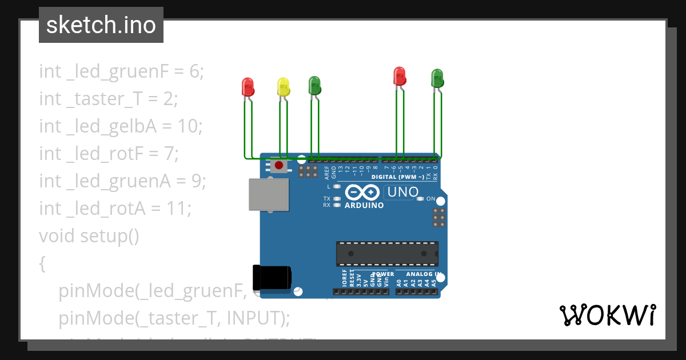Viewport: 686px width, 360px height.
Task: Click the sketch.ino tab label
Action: [101, 25]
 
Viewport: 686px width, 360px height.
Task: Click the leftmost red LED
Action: [248, 87]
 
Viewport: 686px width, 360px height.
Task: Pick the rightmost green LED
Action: [437, 78]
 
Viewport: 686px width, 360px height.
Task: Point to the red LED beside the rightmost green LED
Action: [400, 76]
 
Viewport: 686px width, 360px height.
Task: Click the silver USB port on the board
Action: [268, 194]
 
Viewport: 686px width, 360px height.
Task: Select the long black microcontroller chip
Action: [387, 254]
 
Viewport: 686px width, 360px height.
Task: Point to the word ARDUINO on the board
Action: [364, 205]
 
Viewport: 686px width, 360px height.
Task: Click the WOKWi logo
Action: [607, 315]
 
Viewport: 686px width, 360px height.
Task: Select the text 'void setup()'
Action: [89, 235]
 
